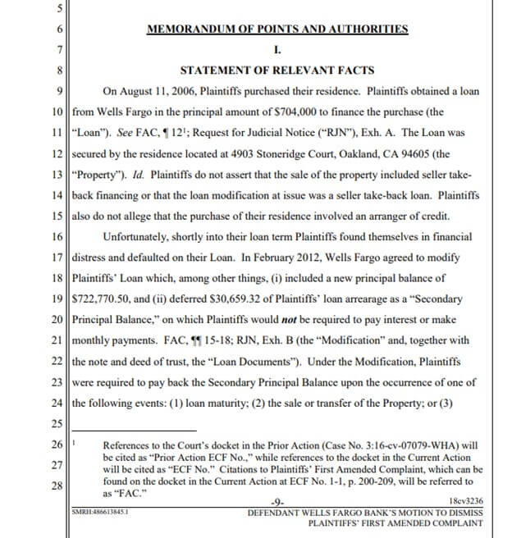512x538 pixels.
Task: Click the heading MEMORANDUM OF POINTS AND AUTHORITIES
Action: click(x=277, y=29)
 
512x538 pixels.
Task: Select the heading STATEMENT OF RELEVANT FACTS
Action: click(x=277, y=70)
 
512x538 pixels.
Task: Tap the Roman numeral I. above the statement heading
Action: click(x=277, y=49)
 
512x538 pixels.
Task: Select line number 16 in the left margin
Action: click(x=57, y=235)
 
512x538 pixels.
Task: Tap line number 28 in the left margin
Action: click(x=57, y=485)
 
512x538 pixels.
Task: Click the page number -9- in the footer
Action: click(x=277, y=501)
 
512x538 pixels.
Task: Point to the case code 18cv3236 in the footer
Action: click(x=466, y=500)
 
